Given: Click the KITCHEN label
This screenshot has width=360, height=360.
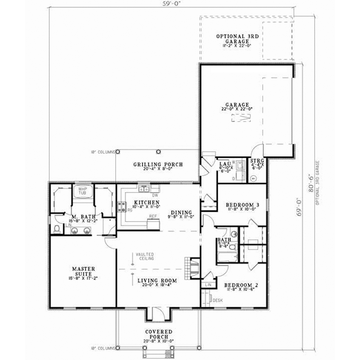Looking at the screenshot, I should click(x=146, y=203).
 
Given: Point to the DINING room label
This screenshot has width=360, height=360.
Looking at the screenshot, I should click(x=181, y=211).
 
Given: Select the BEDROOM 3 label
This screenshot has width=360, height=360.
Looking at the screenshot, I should click(x=242, y=205).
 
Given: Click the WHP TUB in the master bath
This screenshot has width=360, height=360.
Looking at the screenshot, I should click(x=80, y=191).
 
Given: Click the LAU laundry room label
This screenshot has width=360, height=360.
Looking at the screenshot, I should click(x=226, y=163).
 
